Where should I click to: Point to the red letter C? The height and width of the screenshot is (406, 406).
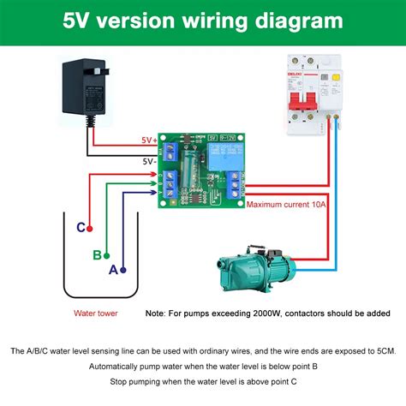[81, 228]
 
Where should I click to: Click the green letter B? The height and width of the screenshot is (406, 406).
[97, 254]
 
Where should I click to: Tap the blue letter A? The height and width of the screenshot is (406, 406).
[113, 269]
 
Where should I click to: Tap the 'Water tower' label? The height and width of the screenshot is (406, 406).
[96, 313]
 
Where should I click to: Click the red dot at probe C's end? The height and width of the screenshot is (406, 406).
[89, 228]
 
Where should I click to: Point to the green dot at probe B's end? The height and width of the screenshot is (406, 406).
[106, 254]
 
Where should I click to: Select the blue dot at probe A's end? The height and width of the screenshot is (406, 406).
[123, 269]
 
